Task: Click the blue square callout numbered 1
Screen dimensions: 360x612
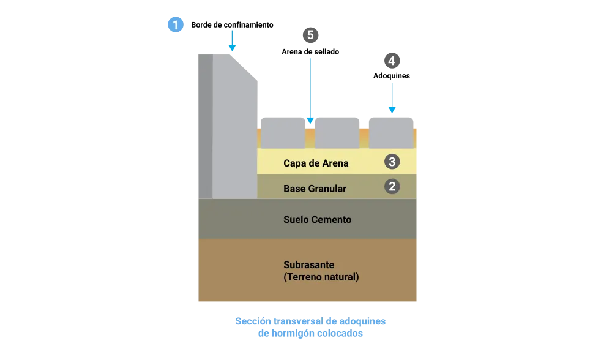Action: tap(176, 25)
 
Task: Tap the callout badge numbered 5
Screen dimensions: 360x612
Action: tap(310, 35)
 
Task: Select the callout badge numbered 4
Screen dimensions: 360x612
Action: tap(392, 61)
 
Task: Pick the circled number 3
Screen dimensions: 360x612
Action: tap(392, 162)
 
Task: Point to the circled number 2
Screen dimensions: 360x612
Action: tap(392, 186)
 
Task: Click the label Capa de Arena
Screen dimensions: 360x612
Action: tap(316, 163)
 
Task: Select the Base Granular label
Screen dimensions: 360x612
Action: tap(315, 189)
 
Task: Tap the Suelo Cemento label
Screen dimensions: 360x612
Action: tap(317, 219)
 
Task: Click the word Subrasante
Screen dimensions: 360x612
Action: tap(308, 265)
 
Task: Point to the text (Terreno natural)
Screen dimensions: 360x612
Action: tap(321, 277)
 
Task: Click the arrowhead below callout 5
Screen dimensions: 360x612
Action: tap(310, 120)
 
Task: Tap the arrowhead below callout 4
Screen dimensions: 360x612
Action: tap(392, 110)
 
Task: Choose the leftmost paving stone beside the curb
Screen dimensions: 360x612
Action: tap(282, 131)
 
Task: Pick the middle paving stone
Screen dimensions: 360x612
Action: tap(337, 131)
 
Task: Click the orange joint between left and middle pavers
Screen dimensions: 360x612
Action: tap(310, 137)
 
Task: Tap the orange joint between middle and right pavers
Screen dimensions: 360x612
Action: tap(364, 137)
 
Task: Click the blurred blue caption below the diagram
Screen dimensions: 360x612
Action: tap(311, 328)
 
